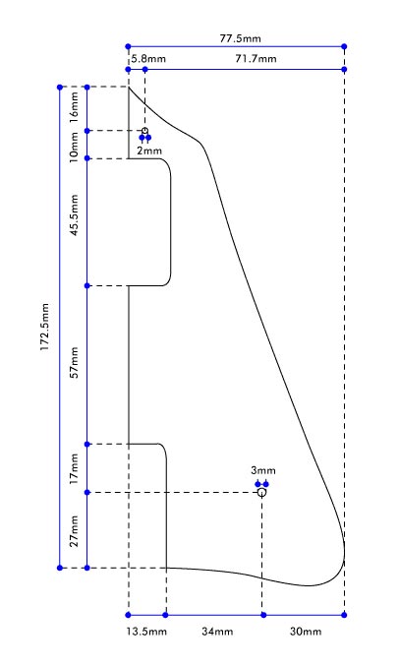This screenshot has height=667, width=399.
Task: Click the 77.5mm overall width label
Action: pyautogui.click(x=240, y=38)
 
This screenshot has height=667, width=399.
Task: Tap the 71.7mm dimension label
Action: pyautogui.click(x=256, y=58)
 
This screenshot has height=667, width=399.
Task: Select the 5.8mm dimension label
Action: pyautogui.click(x=148, y=58)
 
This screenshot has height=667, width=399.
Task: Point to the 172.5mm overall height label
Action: pyautogui.click(x=45, y=328)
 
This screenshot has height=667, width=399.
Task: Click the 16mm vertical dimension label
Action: pyautogui.click(x=74, y=107)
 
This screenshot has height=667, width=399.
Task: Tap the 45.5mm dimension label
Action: pyautogui.click(x=75, y=215)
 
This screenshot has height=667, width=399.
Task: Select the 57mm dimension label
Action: pyautogui.click(x=75, y=362)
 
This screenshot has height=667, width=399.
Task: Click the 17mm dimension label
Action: pyautogui.click(x=75, y=469)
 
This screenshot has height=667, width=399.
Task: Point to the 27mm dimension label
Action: pyautogui.click(x=75, y=531)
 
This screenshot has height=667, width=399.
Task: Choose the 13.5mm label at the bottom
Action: pyautogui.click(x=146, y=632)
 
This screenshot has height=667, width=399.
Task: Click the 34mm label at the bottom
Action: pyautogui.click(x=217, y=632)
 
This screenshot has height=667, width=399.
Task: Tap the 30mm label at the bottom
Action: pyautogui.click(x=306, y=632)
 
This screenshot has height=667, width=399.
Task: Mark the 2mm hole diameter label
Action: pyautogui.click(x=149, y=151)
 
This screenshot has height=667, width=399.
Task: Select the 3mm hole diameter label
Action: pyautogui.click(x=263, y=470)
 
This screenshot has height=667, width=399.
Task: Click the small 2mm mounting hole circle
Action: pyautogui.click(x=144, y=131)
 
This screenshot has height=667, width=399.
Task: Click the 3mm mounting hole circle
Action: pyautogui.click(x=261, y=492)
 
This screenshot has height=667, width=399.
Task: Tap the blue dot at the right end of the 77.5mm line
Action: pyautogui.click(x=344, y=46)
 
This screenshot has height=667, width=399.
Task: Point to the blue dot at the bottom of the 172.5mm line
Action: pyautogui.click(x=60, y=568)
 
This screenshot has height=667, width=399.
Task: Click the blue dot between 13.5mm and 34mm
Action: pyautogui.click(x=165, y=615)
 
